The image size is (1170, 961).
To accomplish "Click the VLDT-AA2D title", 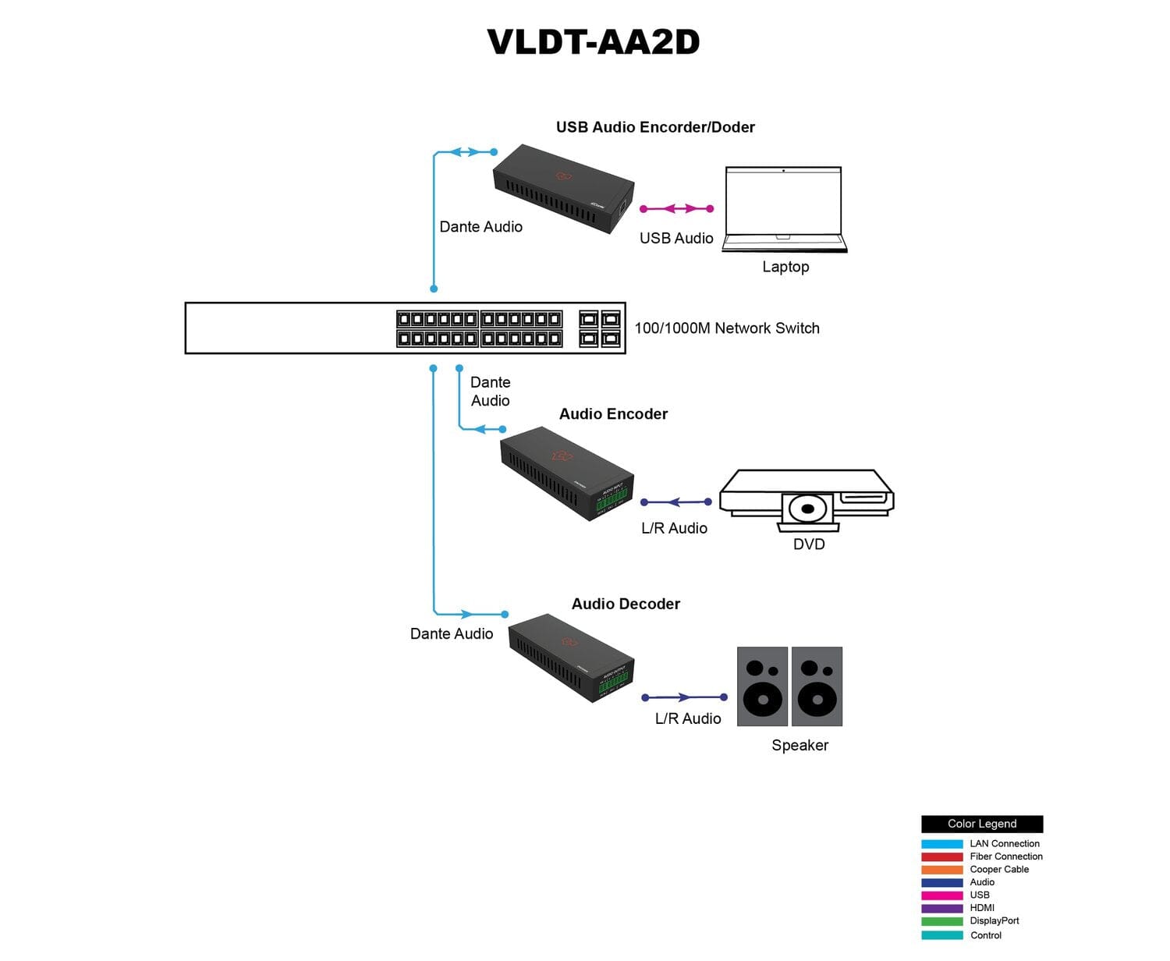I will [x=593, y=42].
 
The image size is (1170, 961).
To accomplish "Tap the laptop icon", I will [x=784, y=208].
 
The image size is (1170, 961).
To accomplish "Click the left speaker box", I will [x=762, y=686].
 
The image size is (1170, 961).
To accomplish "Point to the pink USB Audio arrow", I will [x=676, y=209].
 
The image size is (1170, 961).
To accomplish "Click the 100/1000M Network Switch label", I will [x=727, y=328].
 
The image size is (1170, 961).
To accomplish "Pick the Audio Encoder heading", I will [x=613, y=414].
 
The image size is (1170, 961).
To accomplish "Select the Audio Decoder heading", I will [x=626, y=604].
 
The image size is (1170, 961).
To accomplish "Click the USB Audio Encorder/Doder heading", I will [x=655, y=127].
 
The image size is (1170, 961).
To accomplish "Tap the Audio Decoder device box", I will [x=570, y=657].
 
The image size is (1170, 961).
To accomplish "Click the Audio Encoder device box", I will [x=566, y=473].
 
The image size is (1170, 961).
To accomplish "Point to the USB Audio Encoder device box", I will [x=562, y=188].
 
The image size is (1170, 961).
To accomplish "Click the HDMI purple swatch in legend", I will [x=941, y=908].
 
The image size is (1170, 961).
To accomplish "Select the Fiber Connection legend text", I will [x=1005, y=856].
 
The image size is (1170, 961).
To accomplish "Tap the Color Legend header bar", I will [x=981, y=824].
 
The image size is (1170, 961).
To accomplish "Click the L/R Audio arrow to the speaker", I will [x=684, y=697].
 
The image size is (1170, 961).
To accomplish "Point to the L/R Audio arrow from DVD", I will [x=675, y=502].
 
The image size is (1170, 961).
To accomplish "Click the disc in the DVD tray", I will [x=808, y=509].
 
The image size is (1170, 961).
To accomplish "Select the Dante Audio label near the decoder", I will [x=452, y=633].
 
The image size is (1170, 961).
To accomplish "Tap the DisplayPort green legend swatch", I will [x=941, y=921].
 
